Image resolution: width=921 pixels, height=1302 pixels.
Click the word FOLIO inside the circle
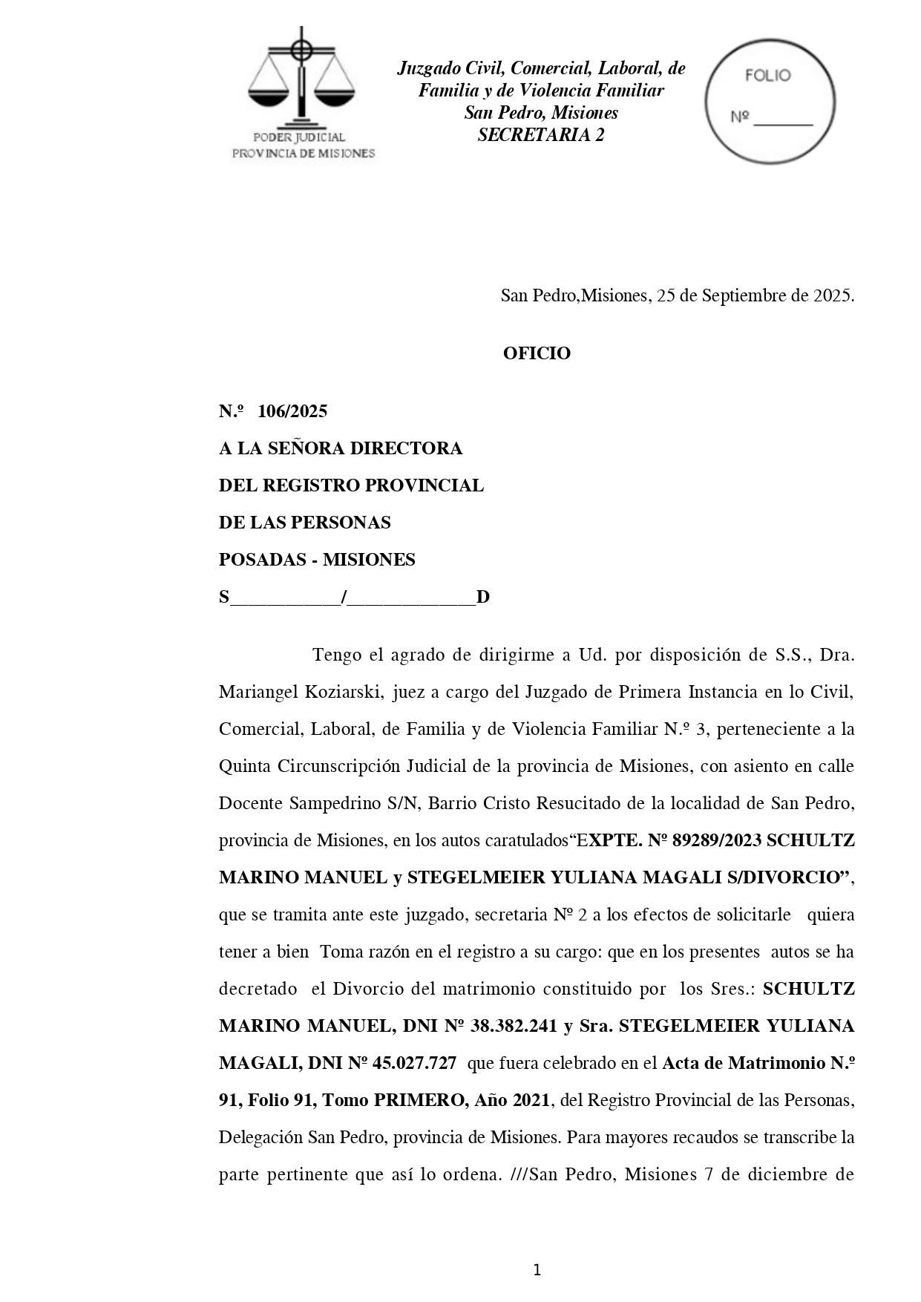[767, 76]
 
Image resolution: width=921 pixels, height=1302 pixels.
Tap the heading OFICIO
[537, 353]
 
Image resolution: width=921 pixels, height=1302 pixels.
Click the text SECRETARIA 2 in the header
[540, 135]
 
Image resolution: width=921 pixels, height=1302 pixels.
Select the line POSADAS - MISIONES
[317, 560]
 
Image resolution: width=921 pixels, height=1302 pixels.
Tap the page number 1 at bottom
[537, 1270]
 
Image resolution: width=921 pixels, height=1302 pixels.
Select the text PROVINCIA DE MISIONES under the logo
[304, 154]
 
